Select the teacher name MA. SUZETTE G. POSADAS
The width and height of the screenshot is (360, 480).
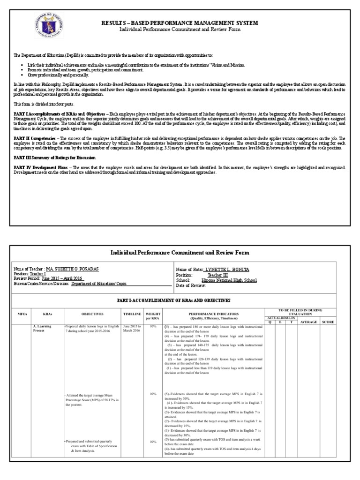point(73,270)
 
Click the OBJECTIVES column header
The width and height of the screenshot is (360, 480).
point(91,314)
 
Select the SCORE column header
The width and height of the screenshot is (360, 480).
point(340,322)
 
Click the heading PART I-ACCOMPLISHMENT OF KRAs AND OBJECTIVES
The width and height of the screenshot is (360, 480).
point(180,300)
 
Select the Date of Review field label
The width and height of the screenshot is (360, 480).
point(191,284)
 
